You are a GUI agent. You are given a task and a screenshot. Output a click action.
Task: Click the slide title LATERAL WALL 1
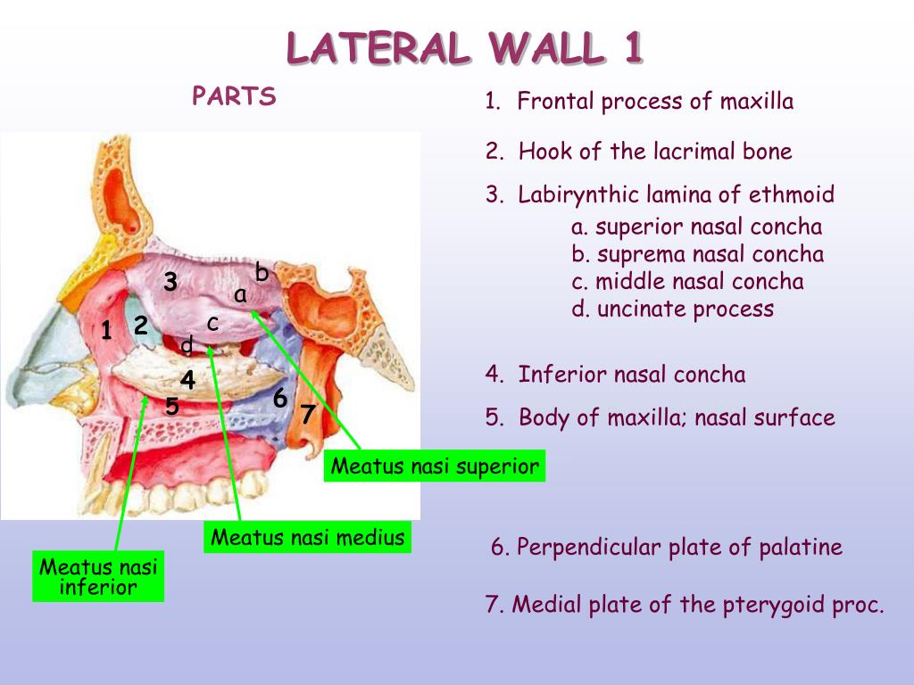(x=464, y=48)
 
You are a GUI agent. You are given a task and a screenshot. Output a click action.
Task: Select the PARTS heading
(x=234, y=96)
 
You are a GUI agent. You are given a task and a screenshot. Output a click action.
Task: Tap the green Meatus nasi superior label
(x=435, y=466)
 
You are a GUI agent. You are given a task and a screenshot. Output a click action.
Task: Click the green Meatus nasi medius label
(x=308, y=538)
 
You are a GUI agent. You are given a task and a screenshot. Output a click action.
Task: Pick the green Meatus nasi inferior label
(x=98, y=577)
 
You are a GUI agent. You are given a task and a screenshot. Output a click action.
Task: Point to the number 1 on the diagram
(x=106, y=331)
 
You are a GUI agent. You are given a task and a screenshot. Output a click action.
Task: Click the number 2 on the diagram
(x=140, y=326)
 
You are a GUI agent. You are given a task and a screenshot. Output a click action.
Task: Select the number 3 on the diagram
(x=170, y=283)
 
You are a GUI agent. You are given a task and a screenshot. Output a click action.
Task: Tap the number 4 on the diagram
(x=187, y=379)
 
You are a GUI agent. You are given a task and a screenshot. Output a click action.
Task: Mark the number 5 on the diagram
(x=172, y=407)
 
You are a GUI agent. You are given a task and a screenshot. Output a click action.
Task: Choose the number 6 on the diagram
(x=279, y=399)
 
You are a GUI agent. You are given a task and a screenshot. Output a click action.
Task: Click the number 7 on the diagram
(x=307, y=415)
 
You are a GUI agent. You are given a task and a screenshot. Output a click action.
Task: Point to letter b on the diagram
(x=262, y=271)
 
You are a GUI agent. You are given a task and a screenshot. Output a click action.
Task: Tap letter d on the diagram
(x=187, y=345)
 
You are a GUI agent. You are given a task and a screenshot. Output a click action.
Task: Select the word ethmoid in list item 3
(x=793, y=194)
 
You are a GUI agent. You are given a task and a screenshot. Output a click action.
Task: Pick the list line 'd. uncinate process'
(x=672, y=309)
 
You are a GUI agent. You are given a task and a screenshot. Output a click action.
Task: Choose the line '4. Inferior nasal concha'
(x=615, y=375)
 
